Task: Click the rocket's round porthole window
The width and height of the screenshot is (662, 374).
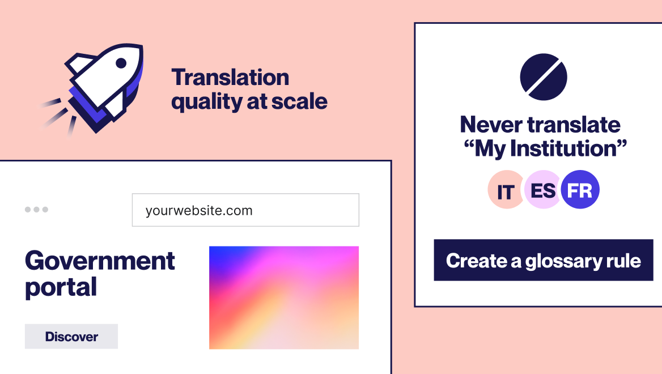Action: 121,63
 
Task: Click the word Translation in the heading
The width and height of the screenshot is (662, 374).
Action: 230,77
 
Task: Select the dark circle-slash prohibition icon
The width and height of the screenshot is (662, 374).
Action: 544,76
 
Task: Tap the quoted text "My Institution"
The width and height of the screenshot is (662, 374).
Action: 545,149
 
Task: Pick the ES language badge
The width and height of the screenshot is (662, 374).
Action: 542,190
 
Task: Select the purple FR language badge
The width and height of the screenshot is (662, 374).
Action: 580,190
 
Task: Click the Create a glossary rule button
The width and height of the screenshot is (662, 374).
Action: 543,260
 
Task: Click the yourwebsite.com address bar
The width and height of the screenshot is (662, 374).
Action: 245,210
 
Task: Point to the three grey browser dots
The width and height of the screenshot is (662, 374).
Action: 36,210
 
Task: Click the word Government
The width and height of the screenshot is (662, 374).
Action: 100,261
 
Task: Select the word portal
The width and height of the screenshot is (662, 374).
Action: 61,287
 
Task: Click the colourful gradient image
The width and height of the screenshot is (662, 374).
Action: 283,297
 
